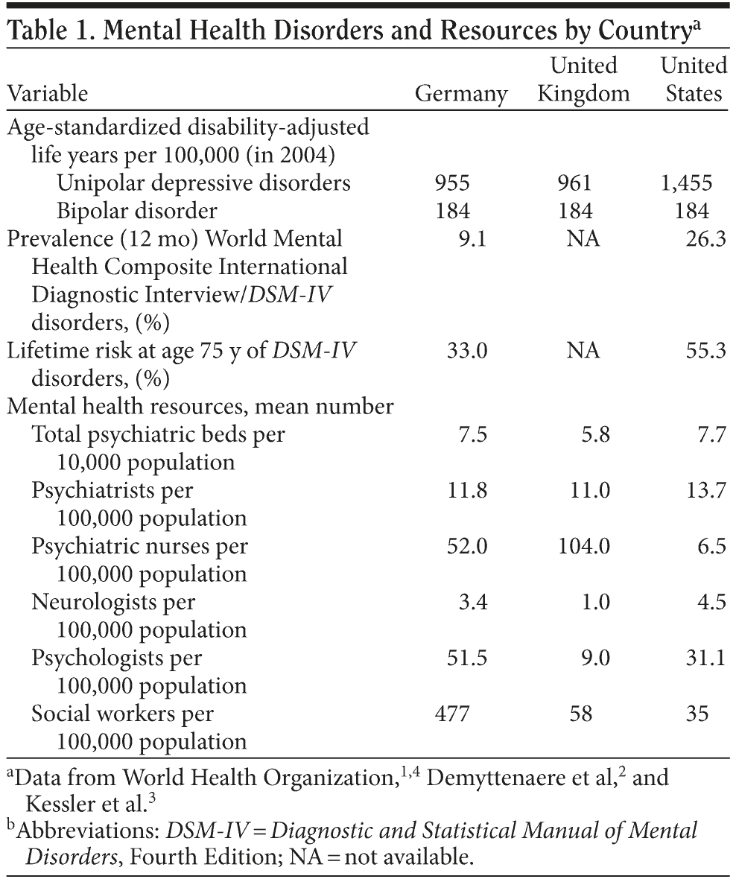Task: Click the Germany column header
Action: click(460, 94)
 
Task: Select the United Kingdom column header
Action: click(583, 80)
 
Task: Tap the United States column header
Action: click(694, 80)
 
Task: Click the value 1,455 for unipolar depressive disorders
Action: click(686, 183)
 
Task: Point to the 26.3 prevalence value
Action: click(705, 238)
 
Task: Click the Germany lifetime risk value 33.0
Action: click(467, 350)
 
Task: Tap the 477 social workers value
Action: click(452, 714)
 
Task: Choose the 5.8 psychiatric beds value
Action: click(595, 434)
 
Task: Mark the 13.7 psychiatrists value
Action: click(705, 490)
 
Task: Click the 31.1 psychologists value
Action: click(705, 658)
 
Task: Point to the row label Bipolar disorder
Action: click(137, 211)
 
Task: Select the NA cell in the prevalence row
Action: click(583, 238)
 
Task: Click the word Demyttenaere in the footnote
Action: click(494, 778)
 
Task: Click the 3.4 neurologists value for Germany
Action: click(472, 602)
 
